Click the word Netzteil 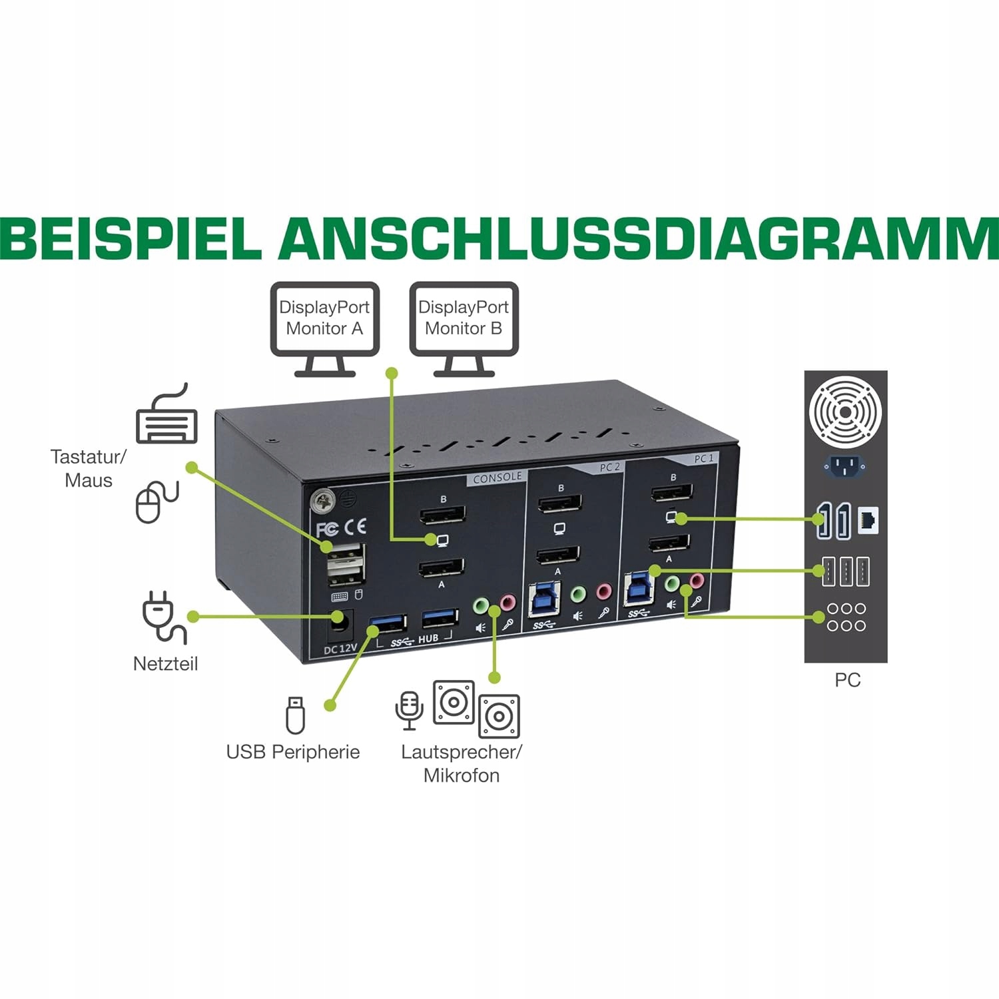click(165, 664)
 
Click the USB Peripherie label click(293, 752)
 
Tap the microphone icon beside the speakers click(409, 710)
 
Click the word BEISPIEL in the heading click(131, 238)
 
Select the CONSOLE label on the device click(498, 478)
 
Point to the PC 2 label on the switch click(609, 468)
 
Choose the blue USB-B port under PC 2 click(543, 599)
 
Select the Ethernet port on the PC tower click(868, 519)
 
